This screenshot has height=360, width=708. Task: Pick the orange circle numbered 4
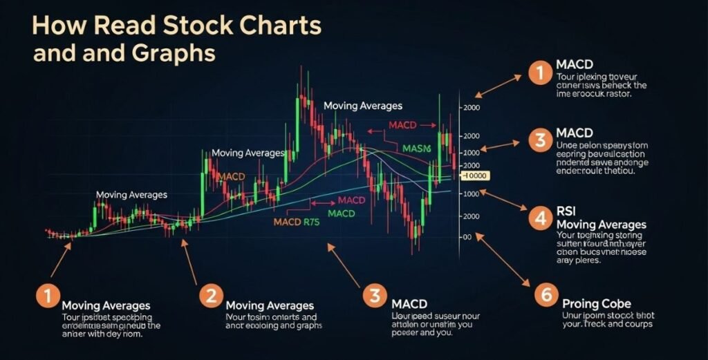tap(540, 218)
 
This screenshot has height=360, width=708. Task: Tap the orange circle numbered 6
tap(546, 296)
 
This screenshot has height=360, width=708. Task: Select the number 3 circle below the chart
tap(374, 296)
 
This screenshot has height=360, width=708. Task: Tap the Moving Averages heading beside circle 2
tap(270, 305)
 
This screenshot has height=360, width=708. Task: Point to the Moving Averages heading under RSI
tap(601, 225)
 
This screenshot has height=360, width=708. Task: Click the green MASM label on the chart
tap(416, 148)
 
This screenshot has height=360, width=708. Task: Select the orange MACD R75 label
tap(297, 222)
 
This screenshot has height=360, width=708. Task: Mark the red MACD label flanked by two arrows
tap(402, 125)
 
